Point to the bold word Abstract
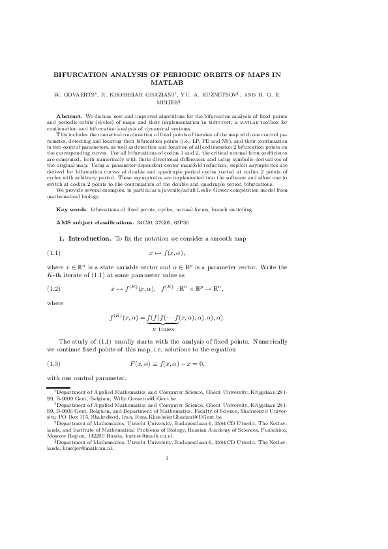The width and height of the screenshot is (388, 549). point(70,115)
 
